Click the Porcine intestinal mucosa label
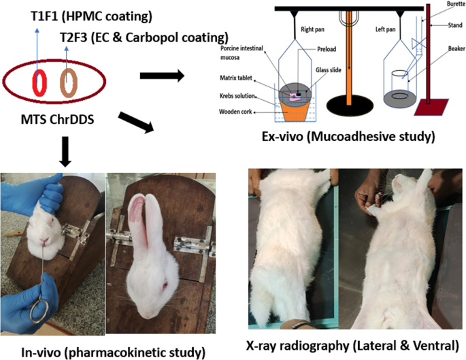click(x=239, y=53)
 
